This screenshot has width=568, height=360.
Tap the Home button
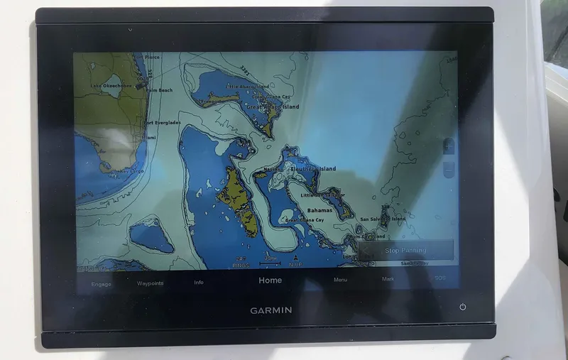click(270, 280)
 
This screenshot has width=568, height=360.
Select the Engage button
click(101, 283)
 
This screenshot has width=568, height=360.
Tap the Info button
click(199, 283)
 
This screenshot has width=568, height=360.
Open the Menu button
click(341, 280)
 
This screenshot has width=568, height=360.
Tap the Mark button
click(388, 279)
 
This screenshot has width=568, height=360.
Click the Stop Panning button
click(405, 251)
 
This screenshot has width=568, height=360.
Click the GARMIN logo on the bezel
click(270, 310)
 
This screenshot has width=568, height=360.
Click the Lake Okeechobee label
click(111, 86)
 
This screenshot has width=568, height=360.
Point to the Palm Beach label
click(159, 90)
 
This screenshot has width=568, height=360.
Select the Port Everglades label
click(161, 122)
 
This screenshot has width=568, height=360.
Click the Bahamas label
click(319, 211)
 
